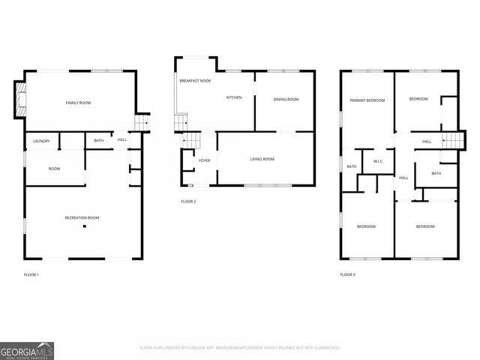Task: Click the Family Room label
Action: (x=78, y=103)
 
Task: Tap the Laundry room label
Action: (x=41, y=141)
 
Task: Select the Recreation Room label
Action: (x=82, y=217)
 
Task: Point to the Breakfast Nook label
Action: (x=193, y=80)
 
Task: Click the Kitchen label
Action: (x=234, y=97)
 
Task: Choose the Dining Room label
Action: (x=286, y=99)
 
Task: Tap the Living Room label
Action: (x=262, y=159)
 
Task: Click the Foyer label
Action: (x=204, y=160)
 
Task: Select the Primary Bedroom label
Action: (x=367, y=100)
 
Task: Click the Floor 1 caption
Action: (x=31, y=275)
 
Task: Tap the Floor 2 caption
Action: (x=188, y=202)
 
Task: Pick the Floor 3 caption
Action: (x=348, y=275)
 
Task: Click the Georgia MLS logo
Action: (x=27, y=350)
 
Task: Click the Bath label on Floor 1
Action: (x=99, y=141)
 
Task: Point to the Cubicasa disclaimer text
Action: (x=240, y=348)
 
